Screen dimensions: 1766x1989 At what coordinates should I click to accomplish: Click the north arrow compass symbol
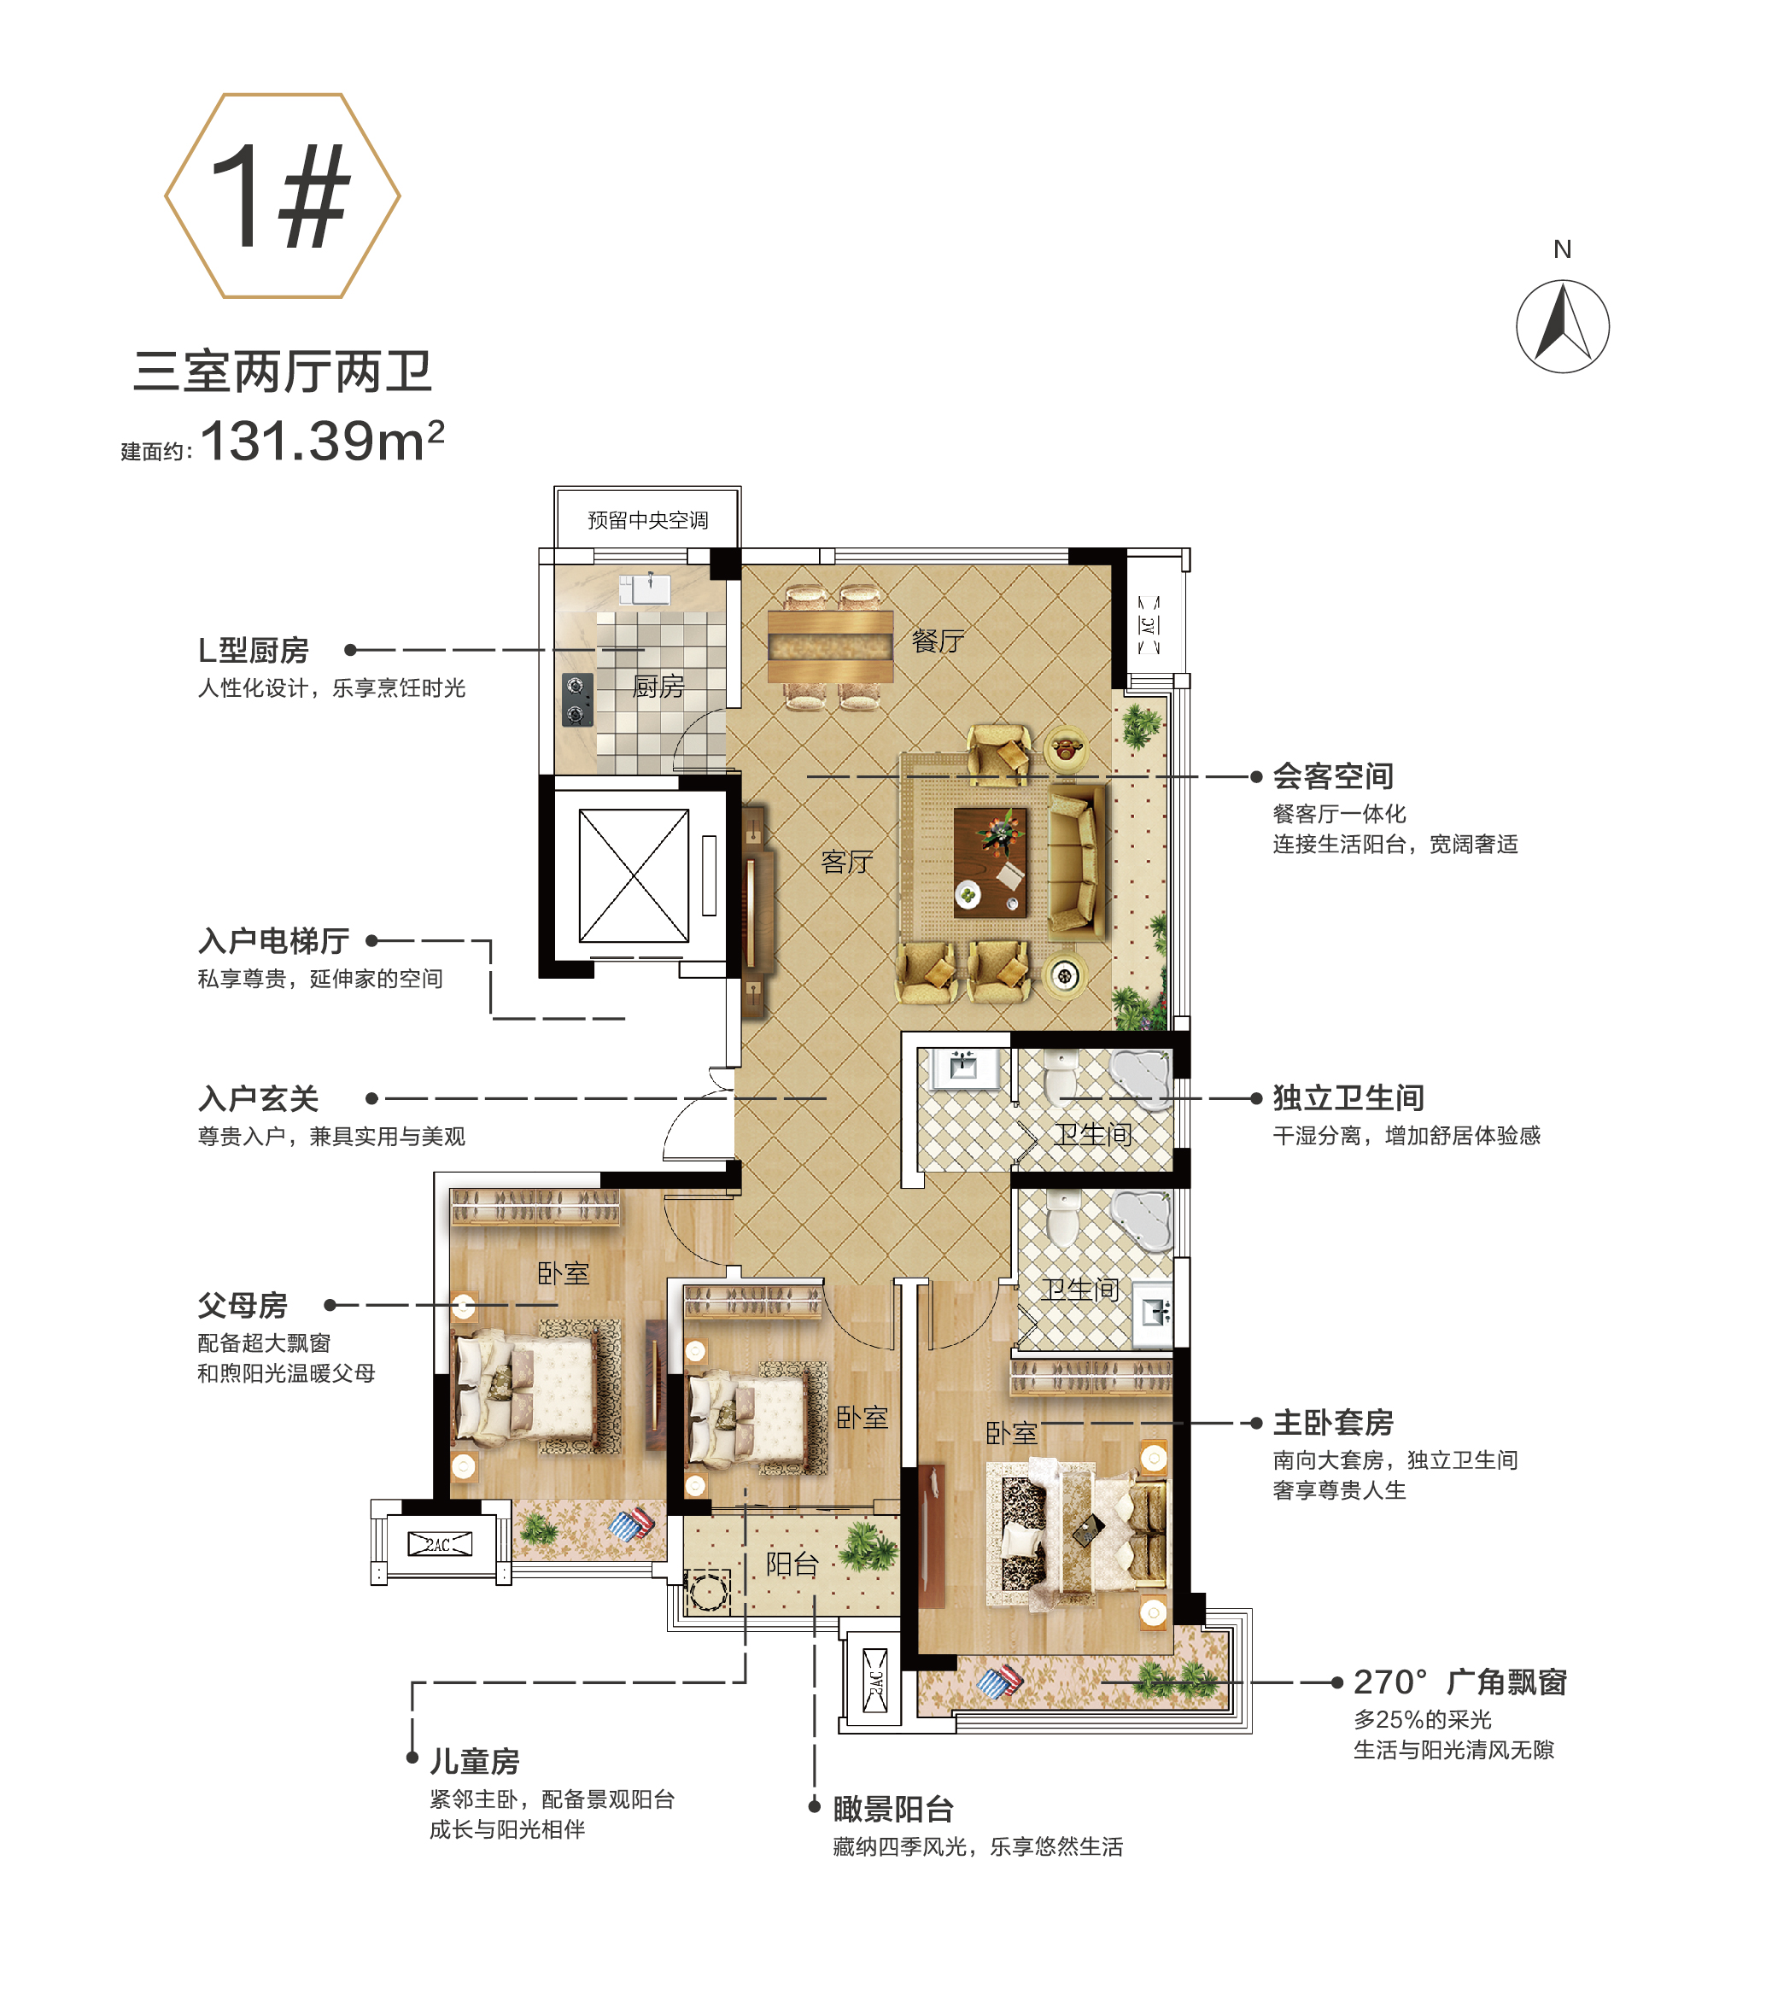[1562, 327]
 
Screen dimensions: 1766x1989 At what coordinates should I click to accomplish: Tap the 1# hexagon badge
[282, 196]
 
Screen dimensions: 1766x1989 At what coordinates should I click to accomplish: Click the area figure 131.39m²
[322, 441]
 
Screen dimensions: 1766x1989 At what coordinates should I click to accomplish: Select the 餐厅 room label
[938, 641]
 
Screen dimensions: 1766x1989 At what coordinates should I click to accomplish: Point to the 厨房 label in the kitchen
[658, 686]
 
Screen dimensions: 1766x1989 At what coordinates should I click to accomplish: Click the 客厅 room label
[846, 863]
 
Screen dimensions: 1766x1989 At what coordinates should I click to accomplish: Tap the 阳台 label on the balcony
[791, 1564]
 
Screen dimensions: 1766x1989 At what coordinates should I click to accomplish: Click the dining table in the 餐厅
[830, 646]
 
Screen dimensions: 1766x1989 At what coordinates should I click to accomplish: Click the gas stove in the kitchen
[577, 700]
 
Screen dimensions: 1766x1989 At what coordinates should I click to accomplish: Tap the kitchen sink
[646, 588]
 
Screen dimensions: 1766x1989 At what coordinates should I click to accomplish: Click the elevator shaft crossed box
[634, 875]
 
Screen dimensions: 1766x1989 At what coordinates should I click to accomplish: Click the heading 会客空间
[1333, 776]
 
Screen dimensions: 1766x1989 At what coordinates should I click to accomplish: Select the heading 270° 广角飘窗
[1459, 1682]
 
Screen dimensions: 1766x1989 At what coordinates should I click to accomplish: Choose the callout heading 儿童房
[475, 1761]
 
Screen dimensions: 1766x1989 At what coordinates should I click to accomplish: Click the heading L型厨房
[253, 650]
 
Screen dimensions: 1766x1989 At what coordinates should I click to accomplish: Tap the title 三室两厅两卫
[282, 371]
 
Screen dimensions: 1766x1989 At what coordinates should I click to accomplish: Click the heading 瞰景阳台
[893, 1809]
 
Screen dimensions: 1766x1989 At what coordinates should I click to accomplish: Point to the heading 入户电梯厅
[274, 941]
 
